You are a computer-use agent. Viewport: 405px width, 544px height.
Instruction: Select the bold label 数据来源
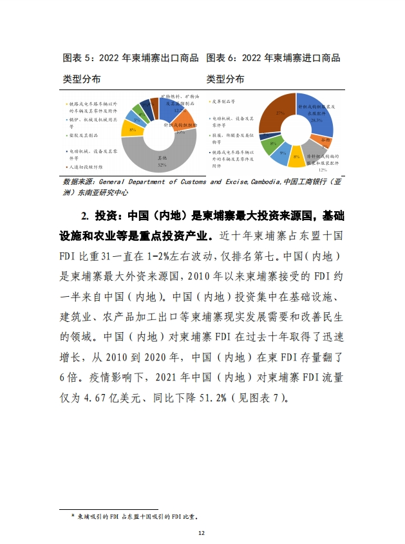point(78,182)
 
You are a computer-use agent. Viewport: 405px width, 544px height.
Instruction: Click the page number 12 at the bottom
point(202,533)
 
